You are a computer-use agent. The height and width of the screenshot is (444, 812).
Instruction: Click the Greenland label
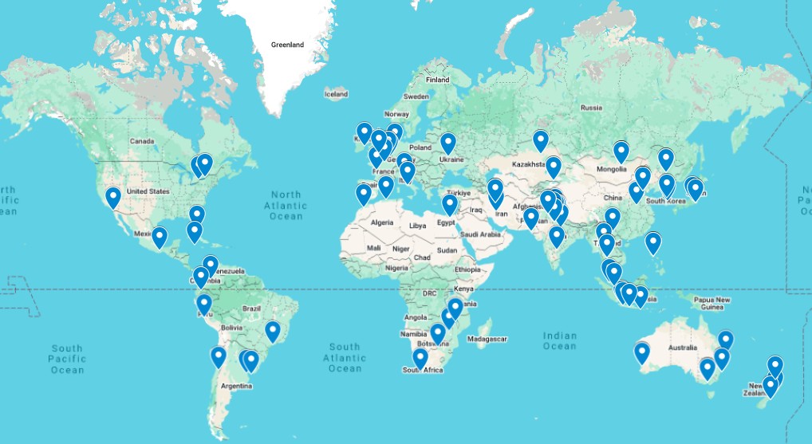coord(287,45)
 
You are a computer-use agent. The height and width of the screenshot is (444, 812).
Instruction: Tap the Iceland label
coord(336,94)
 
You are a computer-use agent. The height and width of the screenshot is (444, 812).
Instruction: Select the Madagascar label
coord(487,339)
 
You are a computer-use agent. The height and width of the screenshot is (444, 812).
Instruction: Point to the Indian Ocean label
coord(559,341)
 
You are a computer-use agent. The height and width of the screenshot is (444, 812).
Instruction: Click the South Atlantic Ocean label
coord(345,358)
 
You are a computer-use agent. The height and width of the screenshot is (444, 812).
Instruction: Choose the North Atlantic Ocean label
coord(286,206)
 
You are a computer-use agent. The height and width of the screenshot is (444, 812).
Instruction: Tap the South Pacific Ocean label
coord(67,359)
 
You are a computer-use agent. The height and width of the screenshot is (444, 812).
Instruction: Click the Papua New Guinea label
coord(712,304)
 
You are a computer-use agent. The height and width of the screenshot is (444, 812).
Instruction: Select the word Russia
coord(591,108)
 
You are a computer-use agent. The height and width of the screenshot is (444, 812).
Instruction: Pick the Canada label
coord(141,142)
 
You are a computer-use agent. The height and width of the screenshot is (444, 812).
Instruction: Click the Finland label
coord(437,80)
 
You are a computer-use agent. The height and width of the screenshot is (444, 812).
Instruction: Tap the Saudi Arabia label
coord(479,234)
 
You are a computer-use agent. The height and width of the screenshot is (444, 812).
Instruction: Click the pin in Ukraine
coord(448,143)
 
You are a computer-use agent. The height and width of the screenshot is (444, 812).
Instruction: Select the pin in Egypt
coord(450,205)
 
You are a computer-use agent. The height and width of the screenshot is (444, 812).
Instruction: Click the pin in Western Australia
coord(642,352)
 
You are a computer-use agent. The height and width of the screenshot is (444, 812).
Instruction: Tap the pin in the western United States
coord(113,197)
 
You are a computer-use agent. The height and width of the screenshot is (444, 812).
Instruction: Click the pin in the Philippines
coord(653,242)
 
